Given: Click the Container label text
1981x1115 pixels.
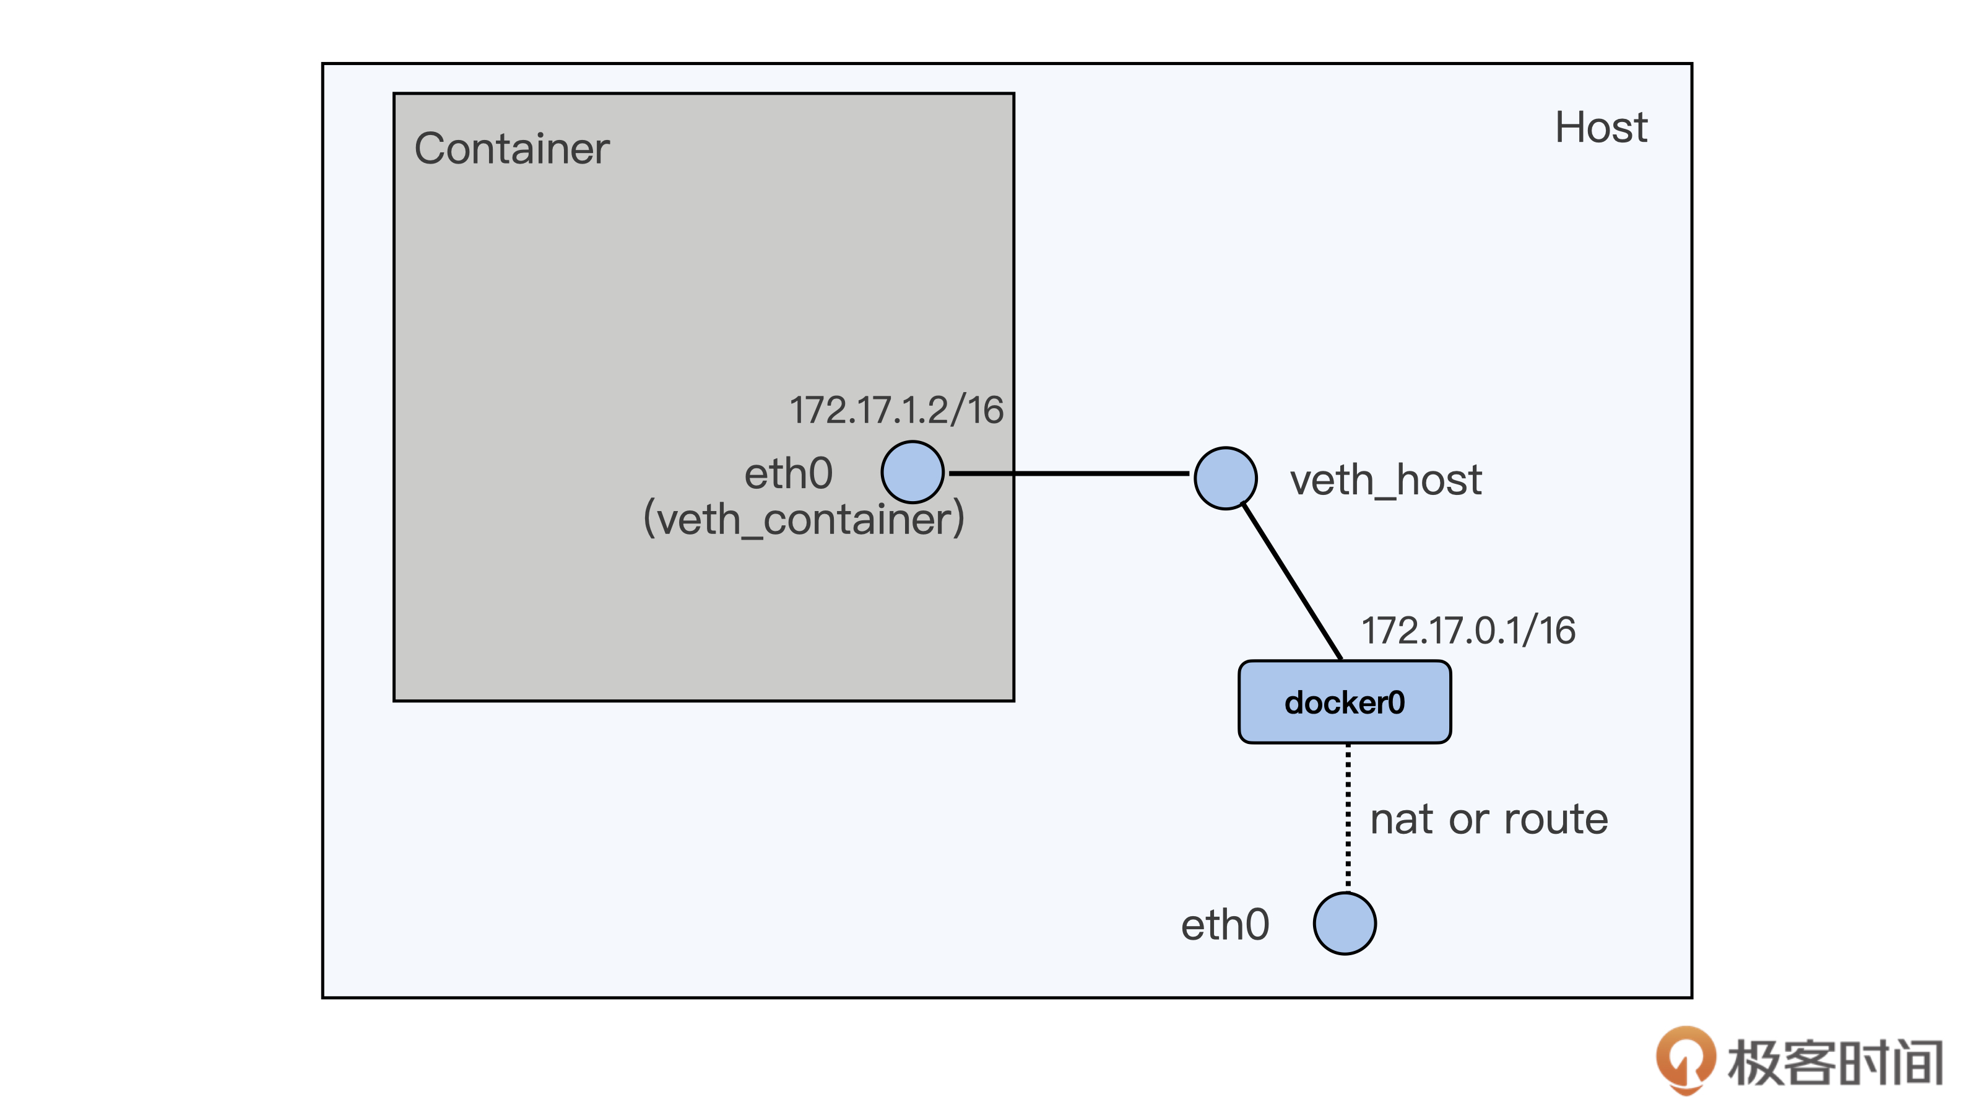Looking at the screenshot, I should click(511, 149).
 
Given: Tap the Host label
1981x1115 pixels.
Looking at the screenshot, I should click(1600, 127).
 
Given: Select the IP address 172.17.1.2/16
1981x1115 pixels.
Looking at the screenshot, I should click(896, 409).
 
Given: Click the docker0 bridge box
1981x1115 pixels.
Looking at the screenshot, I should click(1344, 702).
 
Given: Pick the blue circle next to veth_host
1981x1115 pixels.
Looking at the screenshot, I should click(1225, 478).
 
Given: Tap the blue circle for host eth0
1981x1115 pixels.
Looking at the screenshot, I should click(1344, 924).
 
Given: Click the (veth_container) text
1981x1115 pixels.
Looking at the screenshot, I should click(804, 518).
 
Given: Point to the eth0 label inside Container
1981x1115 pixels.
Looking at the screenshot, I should click(788, 473).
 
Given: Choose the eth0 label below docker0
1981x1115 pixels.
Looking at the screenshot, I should click(1225, 924).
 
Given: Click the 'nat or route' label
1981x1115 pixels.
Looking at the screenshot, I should click(1489, 819).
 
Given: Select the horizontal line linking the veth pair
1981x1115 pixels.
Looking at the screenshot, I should click(1069, 473).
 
